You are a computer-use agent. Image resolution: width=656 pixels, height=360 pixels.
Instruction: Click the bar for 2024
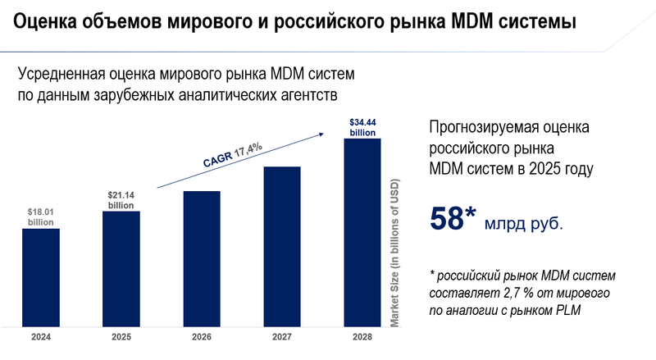click(x=41, y=276)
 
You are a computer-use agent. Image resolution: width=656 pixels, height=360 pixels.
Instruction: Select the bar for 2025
click(x=121, y=268)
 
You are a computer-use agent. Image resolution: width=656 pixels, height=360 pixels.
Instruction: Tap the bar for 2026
click(x=201, y=258)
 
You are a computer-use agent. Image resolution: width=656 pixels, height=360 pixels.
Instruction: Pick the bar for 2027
click(x=281, y=246)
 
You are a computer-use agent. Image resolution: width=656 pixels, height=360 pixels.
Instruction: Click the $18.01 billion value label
click(x=41, y=216)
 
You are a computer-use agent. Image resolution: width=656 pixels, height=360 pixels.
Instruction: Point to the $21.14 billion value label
click(x=121, y=199)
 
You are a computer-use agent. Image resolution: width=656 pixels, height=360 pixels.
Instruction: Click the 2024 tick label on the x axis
click(x=41, y=338)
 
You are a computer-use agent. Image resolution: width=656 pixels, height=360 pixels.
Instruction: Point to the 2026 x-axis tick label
click(x=201, y=338)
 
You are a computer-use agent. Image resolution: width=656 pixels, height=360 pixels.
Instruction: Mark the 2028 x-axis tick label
click(x=362, y=338)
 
